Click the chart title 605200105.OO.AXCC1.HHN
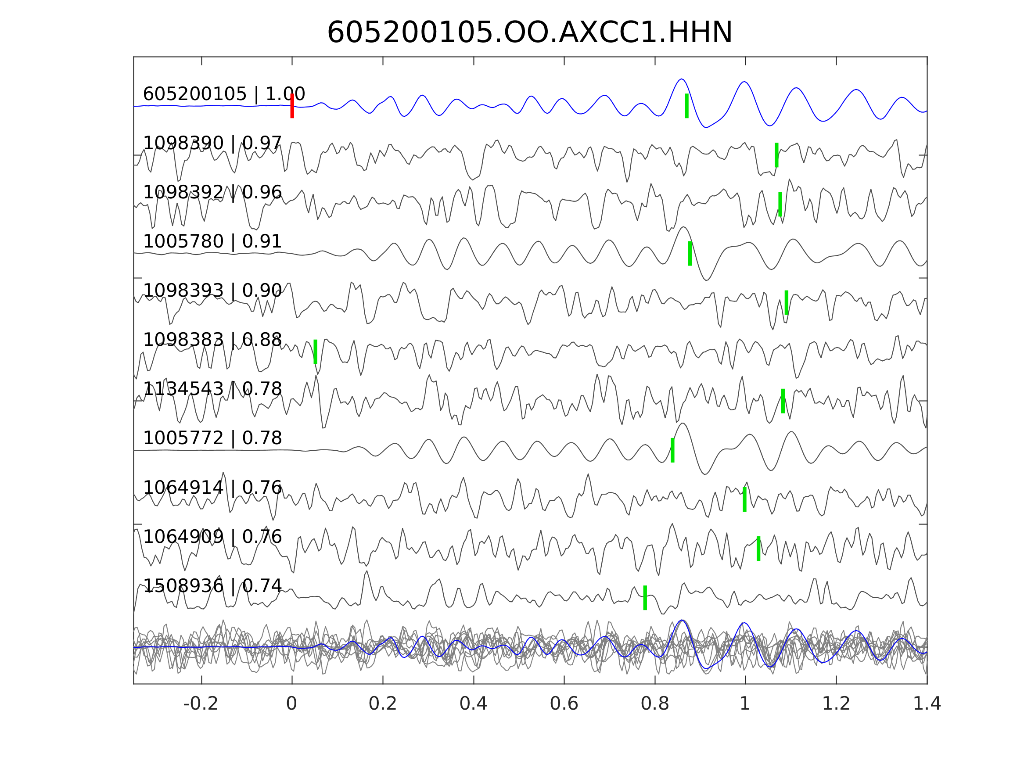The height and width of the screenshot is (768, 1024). click(530, 33)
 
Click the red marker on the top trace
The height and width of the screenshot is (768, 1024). click(292, 106)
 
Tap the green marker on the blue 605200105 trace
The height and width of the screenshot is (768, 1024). click(686, 106)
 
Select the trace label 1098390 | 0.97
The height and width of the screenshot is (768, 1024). click(212, 143)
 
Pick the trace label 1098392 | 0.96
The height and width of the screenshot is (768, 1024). click(212, 192)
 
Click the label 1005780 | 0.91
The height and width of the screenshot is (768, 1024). click(212, 242)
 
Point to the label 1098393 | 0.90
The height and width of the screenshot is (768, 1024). click(212, 291)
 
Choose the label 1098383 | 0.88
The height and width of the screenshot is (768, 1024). click(212, 340)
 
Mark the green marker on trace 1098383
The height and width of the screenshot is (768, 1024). click(315, 352)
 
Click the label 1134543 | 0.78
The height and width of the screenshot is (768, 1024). click(212, 389)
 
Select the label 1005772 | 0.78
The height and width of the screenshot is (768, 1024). click(212, 438)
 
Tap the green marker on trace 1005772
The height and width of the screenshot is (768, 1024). click(672, 450)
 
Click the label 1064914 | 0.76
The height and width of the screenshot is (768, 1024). click(212, 488)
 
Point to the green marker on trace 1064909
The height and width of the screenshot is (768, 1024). click(758, 549)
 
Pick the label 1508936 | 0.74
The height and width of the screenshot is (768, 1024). click(212, 585)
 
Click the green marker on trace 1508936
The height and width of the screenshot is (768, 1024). click(645, 598)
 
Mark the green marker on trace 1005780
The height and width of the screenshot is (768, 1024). click(690, 253)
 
